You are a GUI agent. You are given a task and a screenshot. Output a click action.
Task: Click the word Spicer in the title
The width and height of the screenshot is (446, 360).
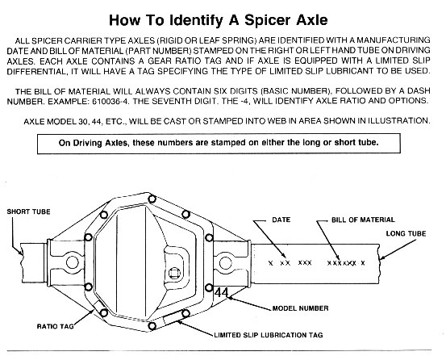click(x=268, y=20)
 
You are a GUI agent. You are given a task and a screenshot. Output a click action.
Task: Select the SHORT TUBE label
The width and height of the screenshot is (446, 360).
click(x=28, y=211)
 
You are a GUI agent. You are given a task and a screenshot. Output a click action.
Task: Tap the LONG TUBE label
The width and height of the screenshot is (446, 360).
click(x=406, y=233)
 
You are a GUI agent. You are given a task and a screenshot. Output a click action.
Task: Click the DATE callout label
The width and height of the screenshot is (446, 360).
click(x=281, y=220)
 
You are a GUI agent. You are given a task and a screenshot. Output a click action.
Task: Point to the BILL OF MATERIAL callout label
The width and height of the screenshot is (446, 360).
click(x=363, y=220)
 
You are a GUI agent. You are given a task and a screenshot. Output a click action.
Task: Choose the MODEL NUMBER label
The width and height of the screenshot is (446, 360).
click(x=300, y=308)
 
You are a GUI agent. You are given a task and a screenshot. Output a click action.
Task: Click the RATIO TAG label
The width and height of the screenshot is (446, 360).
click(x=55, y=326)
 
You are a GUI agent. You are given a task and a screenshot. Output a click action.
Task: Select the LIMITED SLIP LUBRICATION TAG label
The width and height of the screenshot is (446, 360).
click(x=269, y=335)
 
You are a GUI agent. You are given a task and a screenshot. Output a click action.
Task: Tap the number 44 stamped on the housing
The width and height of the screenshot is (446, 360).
click(x=221, y=292)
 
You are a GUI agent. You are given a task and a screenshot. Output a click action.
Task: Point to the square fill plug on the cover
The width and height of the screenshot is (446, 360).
click(x=173, y=273)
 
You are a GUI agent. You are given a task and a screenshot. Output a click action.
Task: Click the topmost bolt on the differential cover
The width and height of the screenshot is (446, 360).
click(x=152, y=199)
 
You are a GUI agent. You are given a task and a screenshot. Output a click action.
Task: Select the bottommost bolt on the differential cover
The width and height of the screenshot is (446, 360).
click(x=152, y=326)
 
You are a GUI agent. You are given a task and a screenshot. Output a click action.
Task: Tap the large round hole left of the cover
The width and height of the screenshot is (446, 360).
click(x=73, y=262)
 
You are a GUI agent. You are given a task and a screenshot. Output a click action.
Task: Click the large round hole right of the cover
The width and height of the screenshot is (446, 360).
click(x=225, y=262)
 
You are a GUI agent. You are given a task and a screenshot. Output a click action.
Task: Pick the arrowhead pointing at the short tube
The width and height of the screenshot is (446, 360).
click(x=20, y=253)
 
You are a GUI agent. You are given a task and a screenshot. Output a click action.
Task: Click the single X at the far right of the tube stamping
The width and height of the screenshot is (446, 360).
click(x=363, y=263)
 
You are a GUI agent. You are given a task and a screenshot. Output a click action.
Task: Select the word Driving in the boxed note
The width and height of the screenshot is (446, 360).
click(x=89, y=143)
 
